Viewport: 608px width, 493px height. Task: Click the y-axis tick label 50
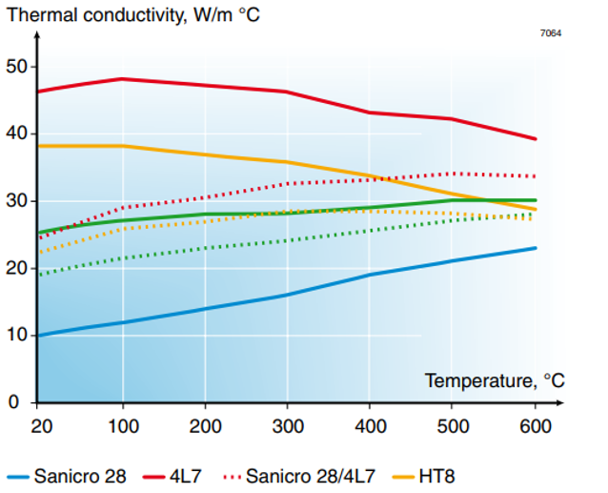pyautogui.click(x=16, y=67)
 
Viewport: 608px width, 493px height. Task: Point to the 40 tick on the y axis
pyautogui.click(x=16, y=134)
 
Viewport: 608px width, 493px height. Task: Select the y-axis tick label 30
pyautogui.click(x=16, y=201)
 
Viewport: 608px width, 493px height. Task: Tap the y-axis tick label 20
pyautogui.click(x=16, y=268)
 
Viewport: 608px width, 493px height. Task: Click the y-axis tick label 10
pyautogui.click(x=16, y=336)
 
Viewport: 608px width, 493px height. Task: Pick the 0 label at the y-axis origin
pyautogui.click(x=16, y=402)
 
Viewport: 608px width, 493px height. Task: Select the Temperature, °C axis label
pyautogui.click(x=494, y=381)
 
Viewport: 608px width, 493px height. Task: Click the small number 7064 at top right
pyautogui.click(x=551, y=33)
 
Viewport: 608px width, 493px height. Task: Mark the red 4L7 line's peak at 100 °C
pyautogui.click(x=121, y=79)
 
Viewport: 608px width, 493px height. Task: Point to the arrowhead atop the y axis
pyautogui.click(x=36, y=37)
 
